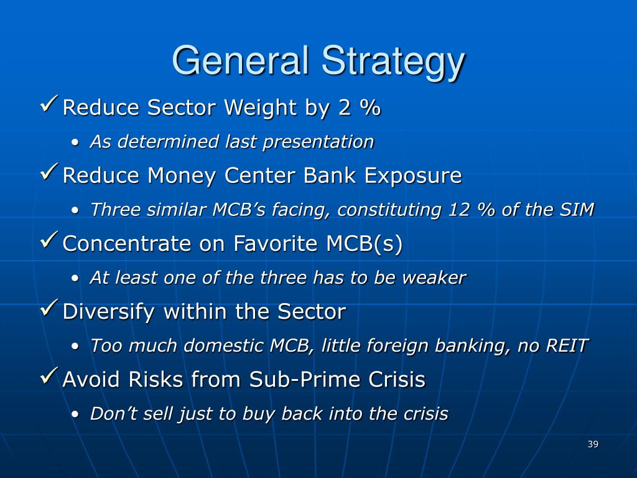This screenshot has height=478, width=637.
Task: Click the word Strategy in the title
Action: pyautogui.click(x=393, y=62)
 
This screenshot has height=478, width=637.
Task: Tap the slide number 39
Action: pyautogui.click(x=593, y=444)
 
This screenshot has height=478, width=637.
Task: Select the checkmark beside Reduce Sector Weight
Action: pyautogui.click(x=49, y=104)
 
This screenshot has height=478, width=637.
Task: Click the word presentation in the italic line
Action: pyautogui.click(x=318, y=143)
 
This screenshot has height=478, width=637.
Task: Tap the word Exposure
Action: pyautogui.click(x=413, y=176)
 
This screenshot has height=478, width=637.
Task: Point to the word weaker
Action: pyautogui.click(x=434, y=278)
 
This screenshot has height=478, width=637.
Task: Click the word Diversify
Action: pyautogui.click(x=108, y=312)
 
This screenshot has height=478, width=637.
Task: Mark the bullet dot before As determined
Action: pyautogui.click(x=75, y=143)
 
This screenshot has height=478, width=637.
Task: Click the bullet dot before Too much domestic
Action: pyautogui.click(x=75, y=347)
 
